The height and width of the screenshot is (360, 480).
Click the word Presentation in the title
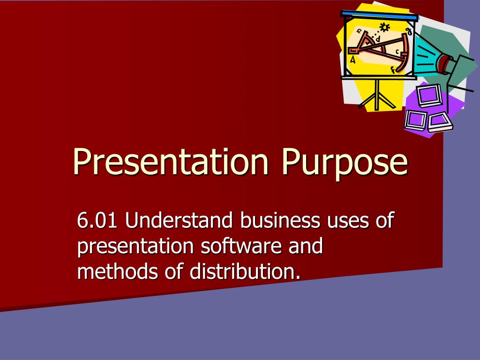171,161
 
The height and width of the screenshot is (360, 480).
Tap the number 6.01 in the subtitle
97,220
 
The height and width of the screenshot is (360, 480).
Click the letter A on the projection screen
352,60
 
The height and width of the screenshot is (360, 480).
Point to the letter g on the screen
409,31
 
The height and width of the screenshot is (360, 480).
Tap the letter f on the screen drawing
393,70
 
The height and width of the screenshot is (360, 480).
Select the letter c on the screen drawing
397,52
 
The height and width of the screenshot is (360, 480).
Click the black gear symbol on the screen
384,27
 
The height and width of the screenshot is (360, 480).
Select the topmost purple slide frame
429,95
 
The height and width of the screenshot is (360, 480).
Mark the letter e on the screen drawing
360,31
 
